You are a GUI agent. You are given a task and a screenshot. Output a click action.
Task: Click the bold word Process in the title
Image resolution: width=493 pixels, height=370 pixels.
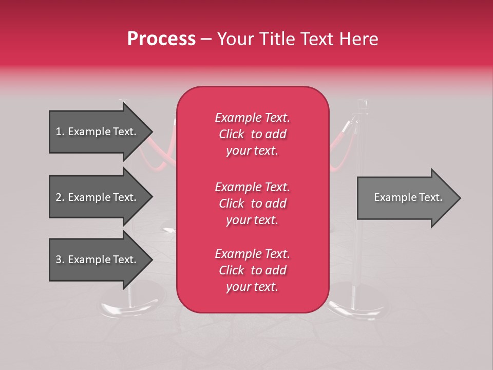point(161,39)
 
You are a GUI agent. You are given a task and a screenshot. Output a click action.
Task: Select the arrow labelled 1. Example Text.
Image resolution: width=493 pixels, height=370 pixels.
point(98,132)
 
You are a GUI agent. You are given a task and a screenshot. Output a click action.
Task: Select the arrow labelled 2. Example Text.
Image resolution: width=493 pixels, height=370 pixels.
point(98,197)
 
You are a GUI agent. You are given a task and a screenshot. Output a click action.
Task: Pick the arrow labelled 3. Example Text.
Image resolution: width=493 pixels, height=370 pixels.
point(98,260)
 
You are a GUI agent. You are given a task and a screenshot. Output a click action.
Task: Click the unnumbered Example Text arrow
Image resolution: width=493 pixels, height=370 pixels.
point(406,197)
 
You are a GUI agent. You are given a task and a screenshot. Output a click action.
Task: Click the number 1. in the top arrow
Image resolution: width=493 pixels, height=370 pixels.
point(60,132)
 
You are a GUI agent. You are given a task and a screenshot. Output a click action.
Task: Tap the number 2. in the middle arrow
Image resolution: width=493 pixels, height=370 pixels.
point(60,197)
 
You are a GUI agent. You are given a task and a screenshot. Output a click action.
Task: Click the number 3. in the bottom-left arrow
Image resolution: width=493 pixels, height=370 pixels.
point(60,260)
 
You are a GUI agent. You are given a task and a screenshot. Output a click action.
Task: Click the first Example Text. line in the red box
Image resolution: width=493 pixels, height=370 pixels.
point(252,118)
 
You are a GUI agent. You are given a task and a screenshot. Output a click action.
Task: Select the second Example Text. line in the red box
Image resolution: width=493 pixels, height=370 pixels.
point(252,187)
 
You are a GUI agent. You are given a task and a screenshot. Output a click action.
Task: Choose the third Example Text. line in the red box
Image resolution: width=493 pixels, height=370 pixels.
point(252,254)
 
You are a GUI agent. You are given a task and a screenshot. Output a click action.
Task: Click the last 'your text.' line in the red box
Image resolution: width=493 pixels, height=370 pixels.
point(252,287)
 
